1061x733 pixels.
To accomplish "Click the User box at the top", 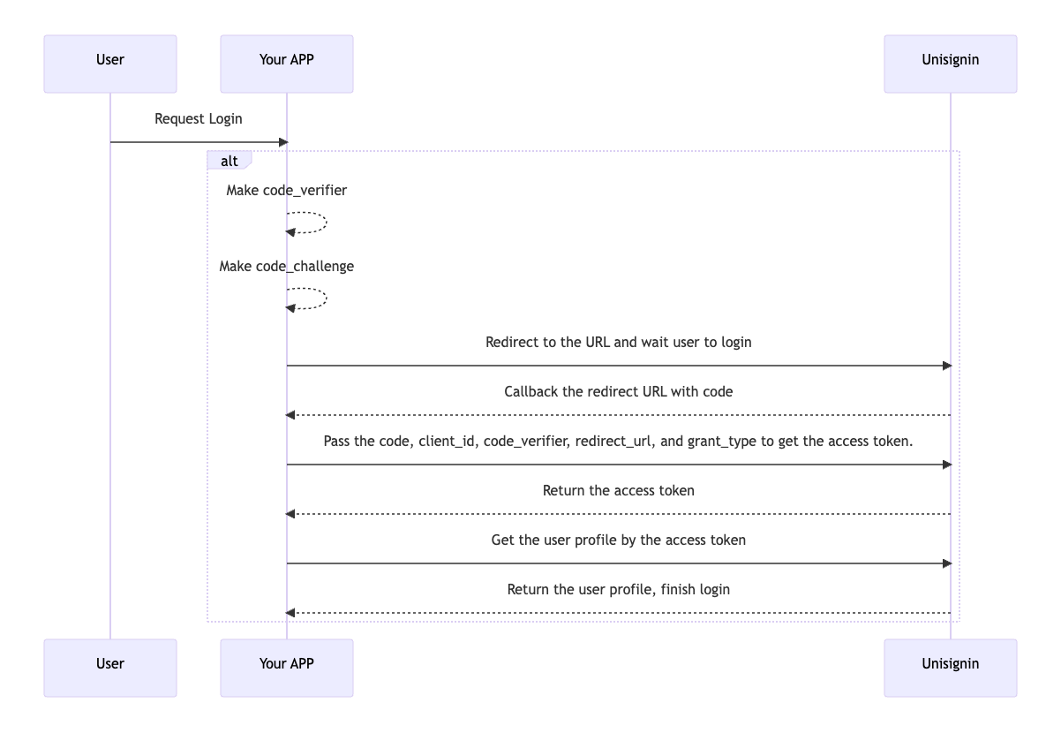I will (110, 64).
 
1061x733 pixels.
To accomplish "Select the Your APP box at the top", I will (287, 64).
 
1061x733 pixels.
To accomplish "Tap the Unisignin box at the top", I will (951, 64).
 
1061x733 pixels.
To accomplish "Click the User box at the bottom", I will (110, 668).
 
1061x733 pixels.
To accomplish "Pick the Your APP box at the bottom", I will (287, 668).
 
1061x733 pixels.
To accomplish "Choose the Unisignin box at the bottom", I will (951, 668).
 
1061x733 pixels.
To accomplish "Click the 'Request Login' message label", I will (199, 118).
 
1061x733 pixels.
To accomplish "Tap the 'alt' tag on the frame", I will (229, 161).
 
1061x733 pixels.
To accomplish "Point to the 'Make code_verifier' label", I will (287, 190).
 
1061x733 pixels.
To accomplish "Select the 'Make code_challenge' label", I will (287, 266).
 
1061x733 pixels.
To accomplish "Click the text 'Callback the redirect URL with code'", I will (619, 391).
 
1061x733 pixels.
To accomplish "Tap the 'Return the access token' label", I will (619, 490).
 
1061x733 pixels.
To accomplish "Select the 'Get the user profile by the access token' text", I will (619, 540).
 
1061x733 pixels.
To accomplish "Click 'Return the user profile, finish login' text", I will (619, 589).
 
